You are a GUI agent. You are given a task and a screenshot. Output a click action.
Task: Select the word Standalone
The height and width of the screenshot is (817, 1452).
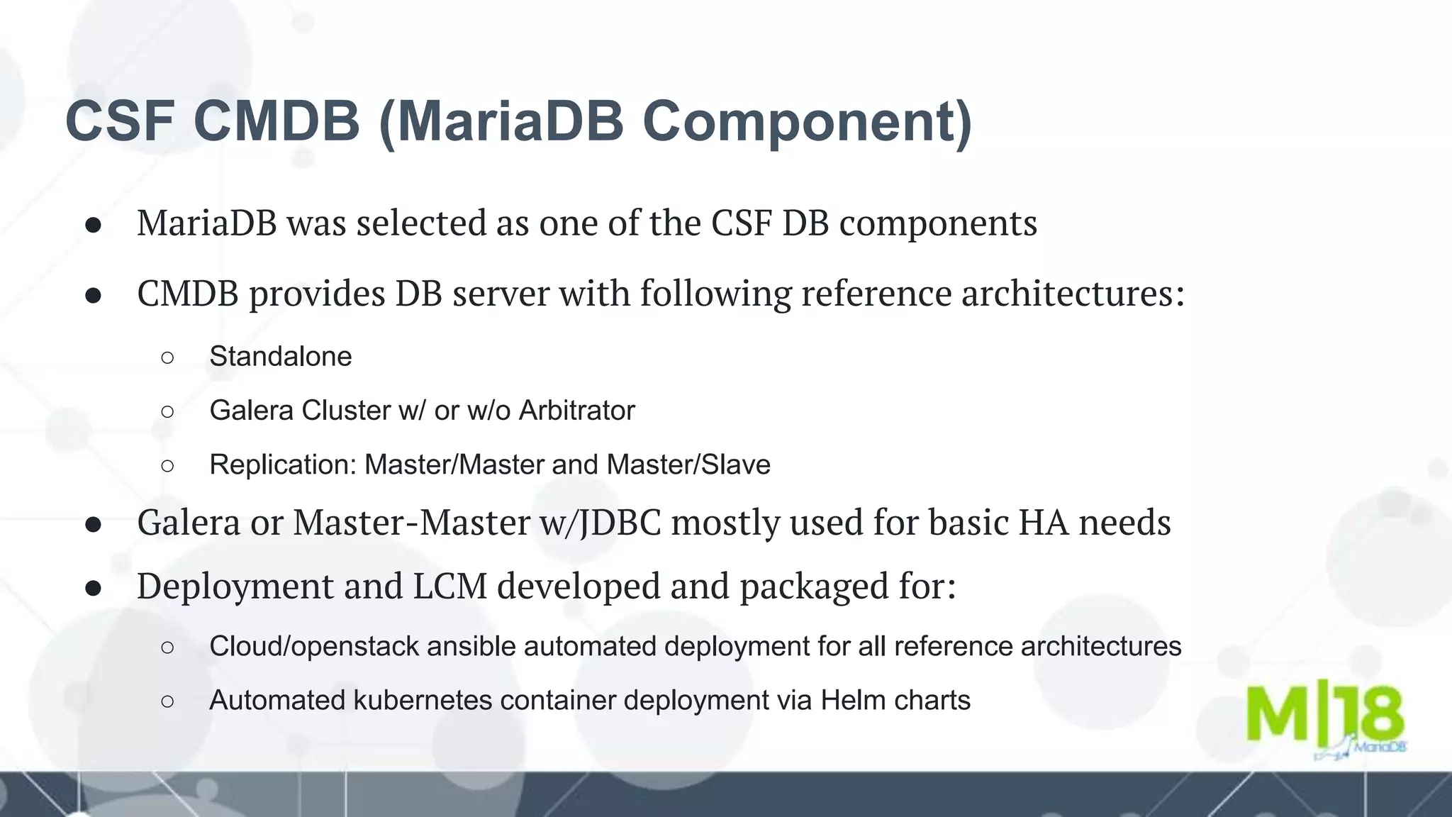(280, 356)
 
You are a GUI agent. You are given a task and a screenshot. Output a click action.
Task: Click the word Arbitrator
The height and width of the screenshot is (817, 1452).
(576, 411)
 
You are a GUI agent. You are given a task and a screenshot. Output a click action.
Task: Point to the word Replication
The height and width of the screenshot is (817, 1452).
(282, 465)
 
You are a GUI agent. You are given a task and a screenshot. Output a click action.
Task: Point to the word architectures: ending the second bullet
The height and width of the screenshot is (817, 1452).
(1073, 294)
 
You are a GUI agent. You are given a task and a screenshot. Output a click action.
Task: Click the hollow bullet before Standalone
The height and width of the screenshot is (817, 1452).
(167, 357)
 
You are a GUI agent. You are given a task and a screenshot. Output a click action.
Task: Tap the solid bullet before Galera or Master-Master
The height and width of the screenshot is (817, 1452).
(94, 524)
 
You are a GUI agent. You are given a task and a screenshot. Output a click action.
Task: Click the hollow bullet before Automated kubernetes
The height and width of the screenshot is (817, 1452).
(167, 701)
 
